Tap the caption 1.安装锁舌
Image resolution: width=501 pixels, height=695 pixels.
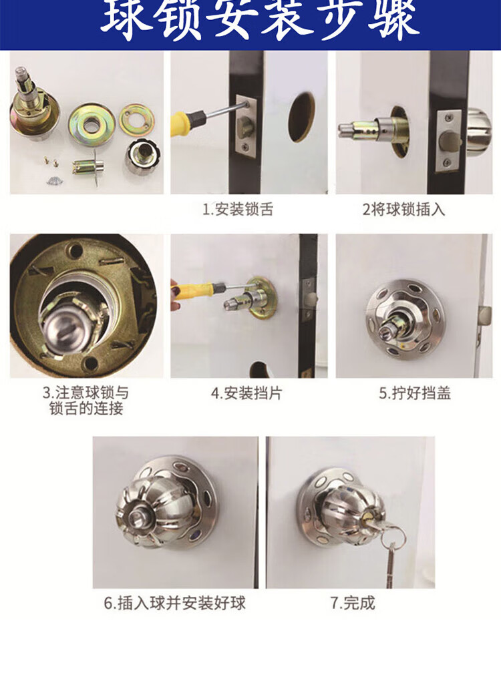coord(238,209)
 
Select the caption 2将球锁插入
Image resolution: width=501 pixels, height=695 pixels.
coord(403,209)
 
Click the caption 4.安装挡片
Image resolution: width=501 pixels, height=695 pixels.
coord(246,393)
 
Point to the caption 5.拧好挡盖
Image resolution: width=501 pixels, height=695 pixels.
coord(415,393)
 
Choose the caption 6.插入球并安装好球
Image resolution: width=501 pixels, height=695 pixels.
coord(175,604)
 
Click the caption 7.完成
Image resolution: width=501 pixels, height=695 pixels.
coord(353,603)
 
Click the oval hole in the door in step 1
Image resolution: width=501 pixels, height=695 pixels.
coord(301,117)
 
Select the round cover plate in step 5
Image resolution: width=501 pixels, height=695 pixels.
coord(406,319)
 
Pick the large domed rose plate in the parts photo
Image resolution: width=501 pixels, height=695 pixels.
coord(92,125)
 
